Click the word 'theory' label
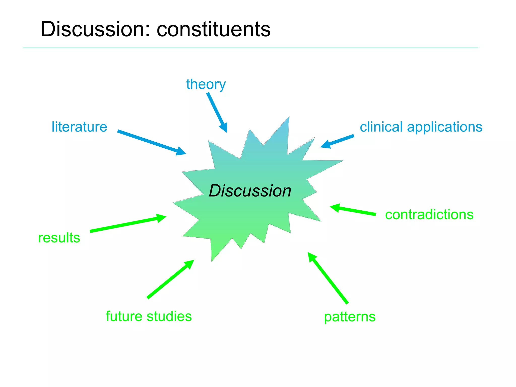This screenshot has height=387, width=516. coord(206,84)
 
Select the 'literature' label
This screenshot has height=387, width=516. coord(79,127)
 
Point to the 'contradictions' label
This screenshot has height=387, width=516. coord(429,215)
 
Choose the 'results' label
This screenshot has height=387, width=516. coord(59,238)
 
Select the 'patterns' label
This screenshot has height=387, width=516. coord(350,317)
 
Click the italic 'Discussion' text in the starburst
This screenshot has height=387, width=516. coord(250,191)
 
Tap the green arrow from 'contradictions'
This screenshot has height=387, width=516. coord(353,210)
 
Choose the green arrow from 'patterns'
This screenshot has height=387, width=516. coord(328,278)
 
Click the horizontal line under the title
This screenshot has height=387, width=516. coord(250,48)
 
